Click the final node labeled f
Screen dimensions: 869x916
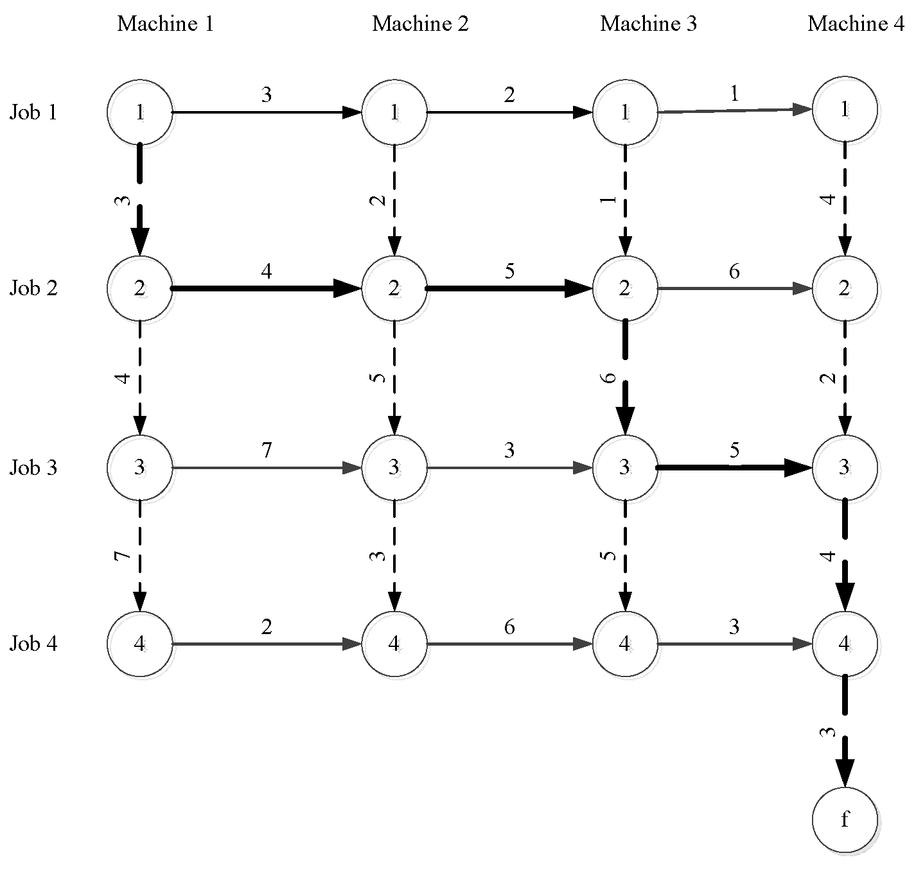[x=845, y=820]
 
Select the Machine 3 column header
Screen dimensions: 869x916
[x=648, y=24]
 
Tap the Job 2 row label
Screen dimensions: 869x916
[x=33, y=288]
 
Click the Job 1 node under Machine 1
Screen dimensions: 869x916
[x=140, y=112]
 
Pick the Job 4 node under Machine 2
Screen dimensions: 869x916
[x=394, y=644]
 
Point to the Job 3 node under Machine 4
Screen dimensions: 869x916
[x=845, y=467]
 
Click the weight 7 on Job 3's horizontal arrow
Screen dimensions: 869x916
[x=267, y=451]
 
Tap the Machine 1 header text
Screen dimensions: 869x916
[x=165, y=24]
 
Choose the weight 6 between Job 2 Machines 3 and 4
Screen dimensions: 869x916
[x=734, y=271]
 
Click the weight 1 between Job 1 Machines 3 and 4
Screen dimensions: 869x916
[x=734, y=94]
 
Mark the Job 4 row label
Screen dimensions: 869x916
[x=33, y=643]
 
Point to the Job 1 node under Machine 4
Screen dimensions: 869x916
[x=845, y=110]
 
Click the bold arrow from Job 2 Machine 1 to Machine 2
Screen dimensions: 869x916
[x=263, y=289]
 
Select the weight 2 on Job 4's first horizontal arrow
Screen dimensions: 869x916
[x=267, y=626]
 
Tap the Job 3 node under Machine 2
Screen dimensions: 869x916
[x=394, y=467]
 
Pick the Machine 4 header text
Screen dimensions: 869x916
[x=856, y=24]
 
